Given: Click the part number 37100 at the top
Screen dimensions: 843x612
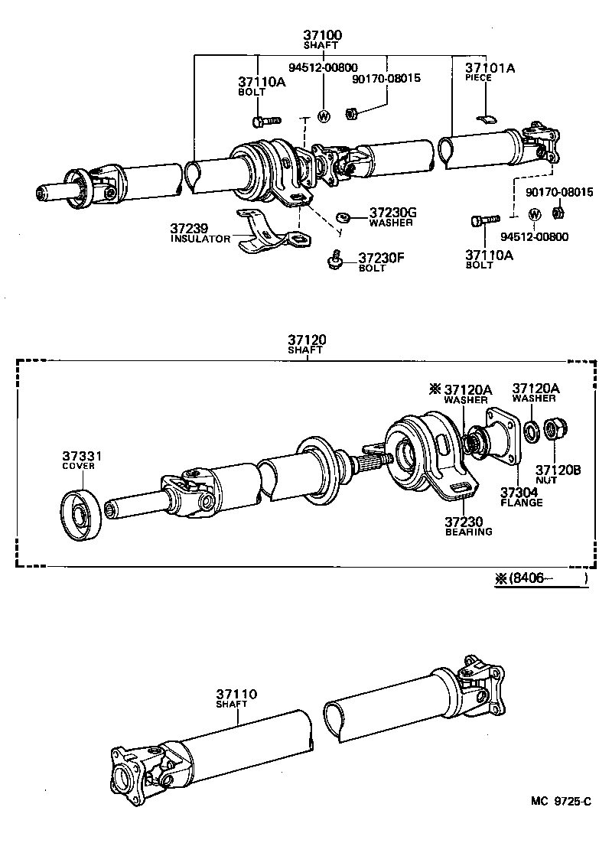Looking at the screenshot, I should coord(321,34).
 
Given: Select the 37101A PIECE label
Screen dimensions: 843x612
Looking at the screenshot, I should coord(490,72).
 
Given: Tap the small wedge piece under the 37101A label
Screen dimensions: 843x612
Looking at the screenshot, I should coord(486,118).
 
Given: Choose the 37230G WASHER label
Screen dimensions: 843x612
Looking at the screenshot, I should coord(391,216).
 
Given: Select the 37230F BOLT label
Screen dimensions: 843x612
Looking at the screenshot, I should coord(381,262).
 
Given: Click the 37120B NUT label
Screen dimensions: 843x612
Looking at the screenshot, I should coord(557,474).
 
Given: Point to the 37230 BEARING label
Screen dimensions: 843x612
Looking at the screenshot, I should coord(468,526).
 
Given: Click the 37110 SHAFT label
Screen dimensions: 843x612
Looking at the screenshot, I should coord(236,698).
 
